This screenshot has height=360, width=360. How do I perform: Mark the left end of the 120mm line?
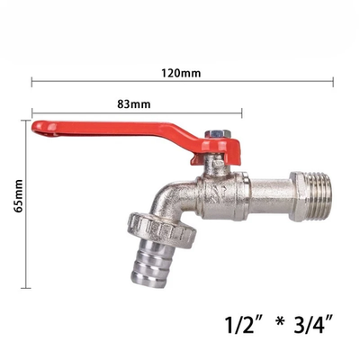point(32,83)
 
